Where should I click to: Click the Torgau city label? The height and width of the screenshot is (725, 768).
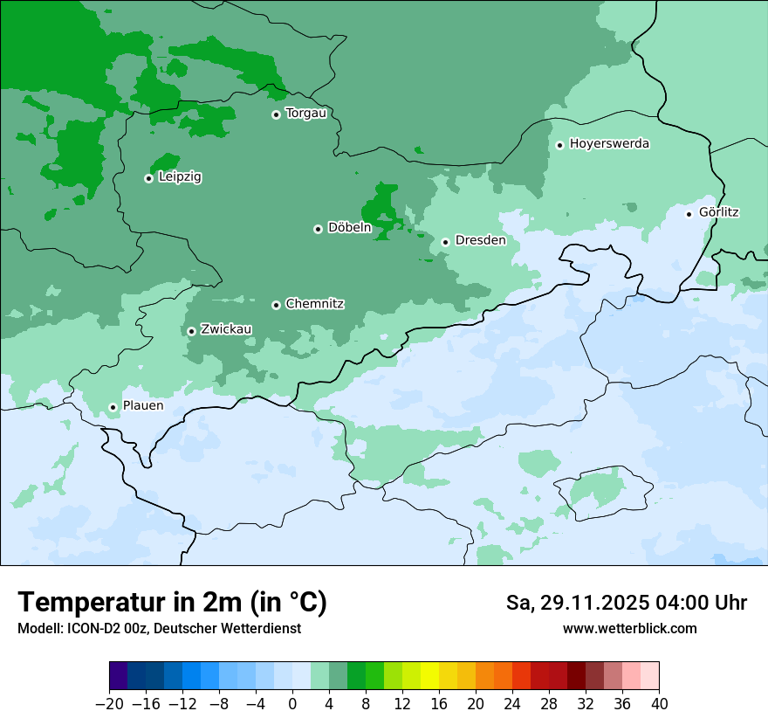(x=305, y=114)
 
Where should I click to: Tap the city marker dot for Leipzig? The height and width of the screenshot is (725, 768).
(x=148, y=178)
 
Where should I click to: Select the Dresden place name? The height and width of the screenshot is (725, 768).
(x=480, y=240)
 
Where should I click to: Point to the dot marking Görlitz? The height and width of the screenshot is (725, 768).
(x=689, y=213)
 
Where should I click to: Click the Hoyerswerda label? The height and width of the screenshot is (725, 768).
(x=609, y=144)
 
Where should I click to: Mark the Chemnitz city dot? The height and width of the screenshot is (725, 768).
(x=276, y=305)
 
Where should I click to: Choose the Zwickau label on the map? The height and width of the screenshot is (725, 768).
(x=226, y=329)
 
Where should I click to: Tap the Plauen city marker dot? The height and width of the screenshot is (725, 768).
(x=113, y=407)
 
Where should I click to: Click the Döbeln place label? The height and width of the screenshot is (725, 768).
(x=349, y=228)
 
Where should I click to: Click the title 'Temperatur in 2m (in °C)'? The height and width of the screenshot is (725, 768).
(x=172, y=603)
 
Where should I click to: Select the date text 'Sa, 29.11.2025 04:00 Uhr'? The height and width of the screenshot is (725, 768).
(x=626, y=603)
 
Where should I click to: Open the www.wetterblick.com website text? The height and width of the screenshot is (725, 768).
(x=629, y=628)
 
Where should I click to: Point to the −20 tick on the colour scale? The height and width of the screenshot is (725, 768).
(x=109, y=704)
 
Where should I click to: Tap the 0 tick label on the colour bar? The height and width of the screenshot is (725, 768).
(x=292, y=704)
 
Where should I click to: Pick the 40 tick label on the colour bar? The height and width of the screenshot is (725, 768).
(x=659, y=704)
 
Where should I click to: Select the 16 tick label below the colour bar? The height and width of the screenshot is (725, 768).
(x=439, y=704)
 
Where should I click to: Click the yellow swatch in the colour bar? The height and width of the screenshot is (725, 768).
(x=429, y=676)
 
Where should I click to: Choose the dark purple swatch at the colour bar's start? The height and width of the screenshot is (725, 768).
(x=119, y=676)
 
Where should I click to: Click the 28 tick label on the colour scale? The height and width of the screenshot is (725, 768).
(x=549, y=704)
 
